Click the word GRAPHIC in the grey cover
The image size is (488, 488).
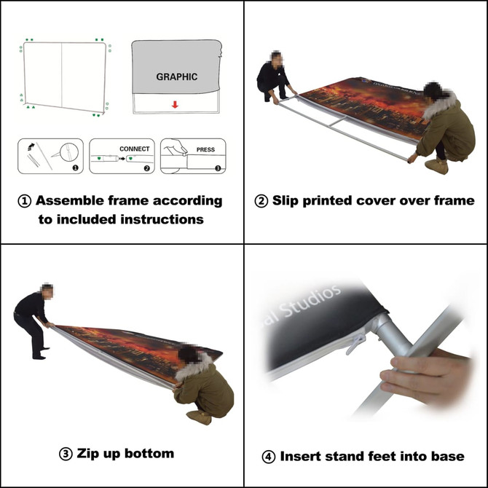click(176, 76)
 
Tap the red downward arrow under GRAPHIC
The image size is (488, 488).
click(175, 104)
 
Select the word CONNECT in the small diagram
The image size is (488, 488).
click(134, 149)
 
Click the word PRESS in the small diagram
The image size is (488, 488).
click(205, 150)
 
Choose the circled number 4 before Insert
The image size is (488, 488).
click(268, 457)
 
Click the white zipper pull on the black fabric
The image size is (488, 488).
click(357, 338)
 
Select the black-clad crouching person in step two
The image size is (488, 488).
click(273, 76)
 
